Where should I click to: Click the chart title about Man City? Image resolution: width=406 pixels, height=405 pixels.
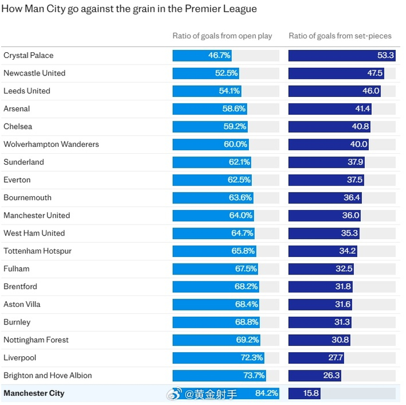click(129, 9)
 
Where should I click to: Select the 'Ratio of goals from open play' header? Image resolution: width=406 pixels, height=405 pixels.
click(222, 36)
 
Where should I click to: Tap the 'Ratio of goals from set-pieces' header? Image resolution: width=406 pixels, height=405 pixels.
click(340, 36)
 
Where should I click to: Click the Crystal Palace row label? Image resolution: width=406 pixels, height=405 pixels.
click(28, 56)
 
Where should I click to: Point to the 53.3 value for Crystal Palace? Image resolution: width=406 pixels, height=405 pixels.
click(386, 56)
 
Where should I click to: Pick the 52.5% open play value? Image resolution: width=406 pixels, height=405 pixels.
click(227, 73)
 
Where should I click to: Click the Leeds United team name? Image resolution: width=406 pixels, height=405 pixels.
click(27, 91)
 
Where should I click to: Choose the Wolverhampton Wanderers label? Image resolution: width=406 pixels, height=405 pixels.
click(51, 144)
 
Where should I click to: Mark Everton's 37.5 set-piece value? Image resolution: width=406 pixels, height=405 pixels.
click(354, 180)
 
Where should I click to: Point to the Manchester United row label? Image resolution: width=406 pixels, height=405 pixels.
click(37, 215)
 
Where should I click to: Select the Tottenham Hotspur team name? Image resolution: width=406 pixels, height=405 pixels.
click(38, 251)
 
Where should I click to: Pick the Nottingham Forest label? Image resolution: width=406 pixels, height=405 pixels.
click(36, 340)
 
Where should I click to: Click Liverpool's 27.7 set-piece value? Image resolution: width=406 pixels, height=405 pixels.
click(336, 358)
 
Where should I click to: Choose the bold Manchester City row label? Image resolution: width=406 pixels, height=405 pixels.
click(34, 393)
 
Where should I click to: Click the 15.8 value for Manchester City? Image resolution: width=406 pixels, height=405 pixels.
click(311, 393)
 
